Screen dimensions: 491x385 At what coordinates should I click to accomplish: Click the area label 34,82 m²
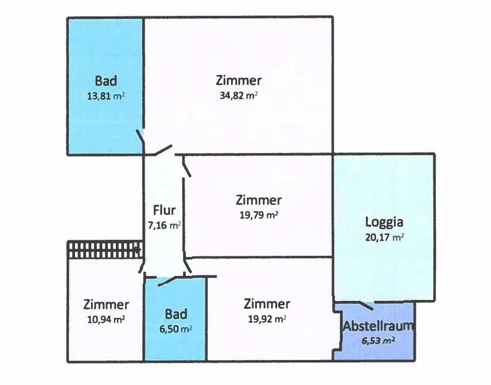[x=239, y=95]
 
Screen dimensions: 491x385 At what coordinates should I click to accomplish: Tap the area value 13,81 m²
[x=106, y=96]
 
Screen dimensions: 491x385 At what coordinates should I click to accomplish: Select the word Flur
[x=164, y=211]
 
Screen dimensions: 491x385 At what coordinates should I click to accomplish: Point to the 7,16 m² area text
[x=164, y=226]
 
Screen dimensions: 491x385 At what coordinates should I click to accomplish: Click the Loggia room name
[x=384, y=222]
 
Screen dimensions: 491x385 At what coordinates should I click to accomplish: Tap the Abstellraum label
[x=378, y=326]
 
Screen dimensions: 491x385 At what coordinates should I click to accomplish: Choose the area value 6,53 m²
[x=379, y=340]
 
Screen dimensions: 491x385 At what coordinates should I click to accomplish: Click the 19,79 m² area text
[x=259, y=215]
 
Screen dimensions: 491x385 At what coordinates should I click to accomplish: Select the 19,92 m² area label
[x=267, y=319]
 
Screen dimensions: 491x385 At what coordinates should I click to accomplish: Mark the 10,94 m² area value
[x=106, y=319]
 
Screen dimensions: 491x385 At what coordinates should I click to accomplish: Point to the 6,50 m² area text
[x=175, y=328]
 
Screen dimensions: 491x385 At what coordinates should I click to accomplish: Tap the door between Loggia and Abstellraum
[x=363, y=305]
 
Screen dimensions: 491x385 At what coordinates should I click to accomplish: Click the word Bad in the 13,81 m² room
[x=106, y=81]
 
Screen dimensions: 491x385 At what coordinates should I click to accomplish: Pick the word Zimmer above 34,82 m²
[x=239, y=80]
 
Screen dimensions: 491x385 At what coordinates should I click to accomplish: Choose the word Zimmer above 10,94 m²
[x=106, y=304]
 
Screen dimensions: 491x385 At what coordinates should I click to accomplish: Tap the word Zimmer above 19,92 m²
[x=267, y=304]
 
